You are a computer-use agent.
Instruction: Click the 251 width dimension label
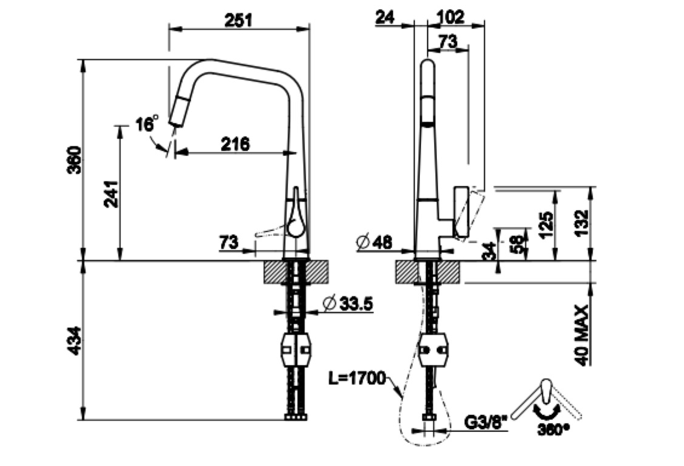click(x=239, y=20)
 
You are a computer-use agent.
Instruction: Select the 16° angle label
click(x=147, y=124)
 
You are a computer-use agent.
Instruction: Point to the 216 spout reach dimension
click(x=235, y=144)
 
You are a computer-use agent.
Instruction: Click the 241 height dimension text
click(x=111, y=194)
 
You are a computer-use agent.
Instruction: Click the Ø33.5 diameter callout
click(x=348, y=303)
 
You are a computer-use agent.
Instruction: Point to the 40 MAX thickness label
click(x=581, y=334)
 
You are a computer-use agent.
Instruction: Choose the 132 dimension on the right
click(x=581, y=225)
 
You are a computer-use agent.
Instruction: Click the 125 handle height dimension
click(x=546, y=225)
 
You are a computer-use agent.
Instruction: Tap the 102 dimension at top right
click(x=450, y=17)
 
